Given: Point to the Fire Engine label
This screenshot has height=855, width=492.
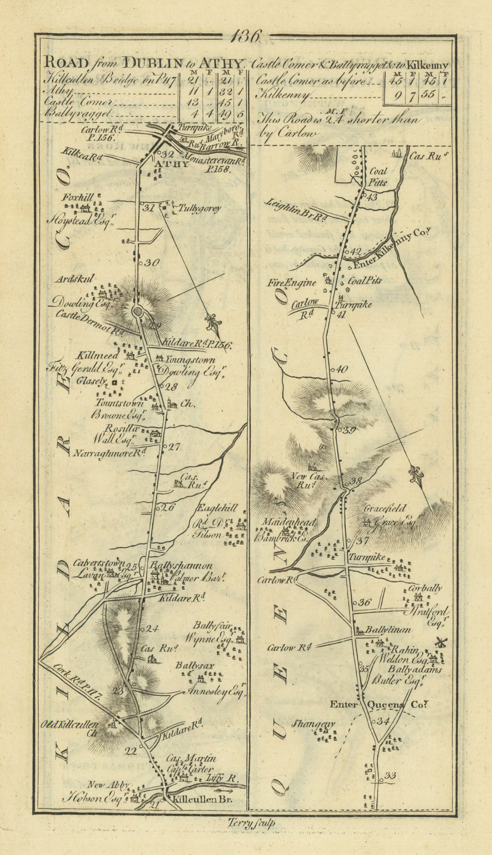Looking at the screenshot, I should (298, 282).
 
